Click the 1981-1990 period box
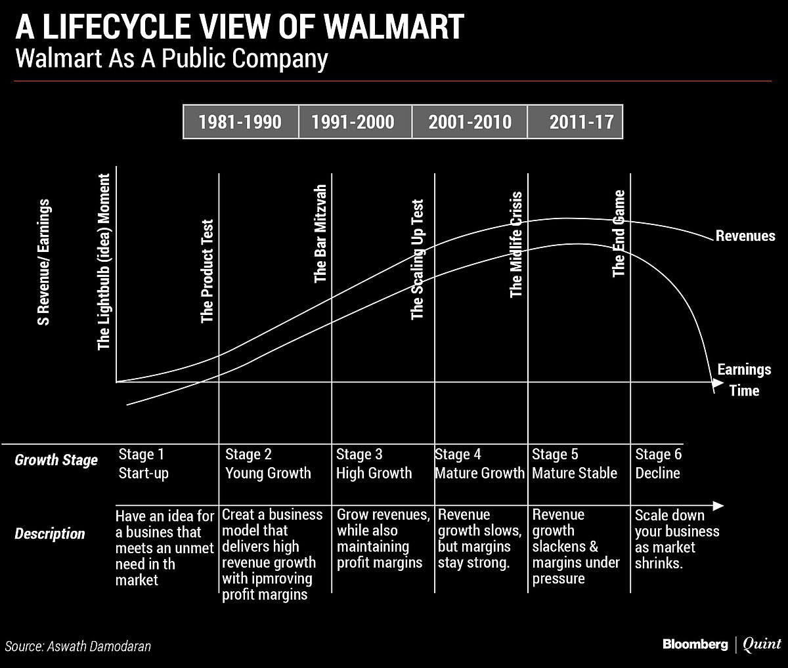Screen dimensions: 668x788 (240, 122)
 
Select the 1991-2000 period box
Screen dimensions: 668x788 (355, 122)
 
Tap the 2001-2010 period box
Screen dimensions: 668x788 (470, 122)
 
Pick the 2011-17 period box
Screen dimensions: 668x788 (575, 122)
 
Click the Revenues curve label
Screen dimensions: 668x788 (745, 236)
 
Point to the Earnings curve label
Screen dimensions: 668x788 (743, 369)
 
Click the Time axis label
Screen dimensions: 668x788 (744, 390)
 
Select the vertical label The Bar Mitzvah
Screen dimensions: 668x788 (320, 233)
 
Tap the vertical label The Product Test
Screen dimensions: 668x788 (208, 271)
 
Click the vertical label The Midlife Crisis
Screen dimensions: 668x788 (516, 244)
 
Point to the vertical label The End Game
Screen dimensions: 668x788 (619, 234)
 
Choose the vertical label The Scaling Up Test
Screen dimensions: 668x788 (418, 260)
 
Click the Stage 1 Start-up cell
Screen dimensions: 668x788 (143, 463)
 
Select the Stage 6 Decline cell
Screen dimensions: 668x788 (659, 463)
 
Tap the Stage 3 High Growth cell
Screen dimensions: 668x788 (374, 463)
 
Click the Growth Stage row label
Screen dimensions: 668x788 (56, 460)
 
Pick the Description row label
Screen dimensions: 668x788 (50, 534)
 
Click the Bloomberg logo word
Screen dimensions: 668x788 (695, 644)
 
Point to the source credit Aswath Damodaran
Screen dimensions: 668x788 (98, 646)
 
